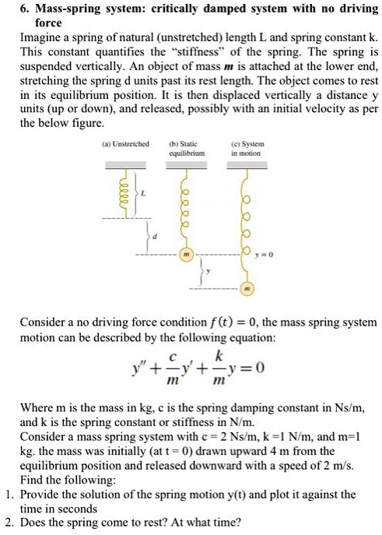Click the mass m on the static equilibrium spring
coord(186,254)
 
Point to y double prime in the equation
coord(141,364)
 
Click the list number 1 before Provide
coord(8,494)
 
